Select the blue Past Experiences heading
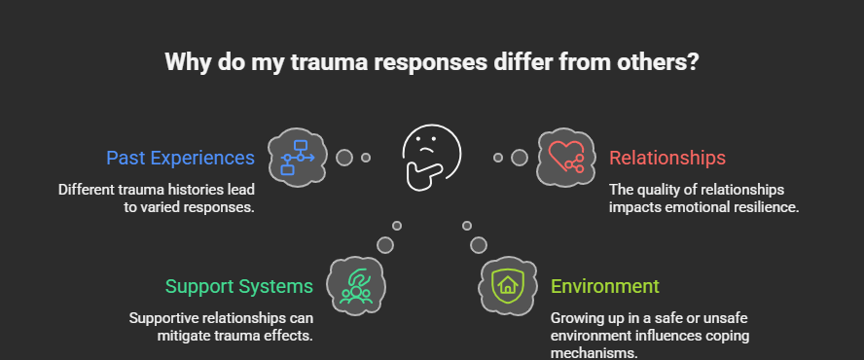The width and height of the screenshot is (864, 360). point(180,158)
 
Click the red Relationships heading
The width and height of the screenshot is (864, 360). point(666,158)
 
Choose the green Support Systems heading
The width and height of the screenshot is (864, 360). point(238,286)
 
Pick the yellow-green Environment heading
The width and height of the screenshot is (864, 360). point(604,286)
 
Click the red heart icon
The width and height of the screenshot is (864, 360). point(565,157)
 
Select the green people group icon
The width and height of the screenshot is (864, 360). point(356,285)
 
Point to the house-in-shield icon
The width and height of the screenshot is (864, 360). point(507,285)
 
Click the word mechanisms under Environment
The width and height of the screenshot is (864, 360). point(595,354)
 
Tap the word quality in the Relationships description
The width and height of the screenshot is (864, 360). point(664,189)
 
